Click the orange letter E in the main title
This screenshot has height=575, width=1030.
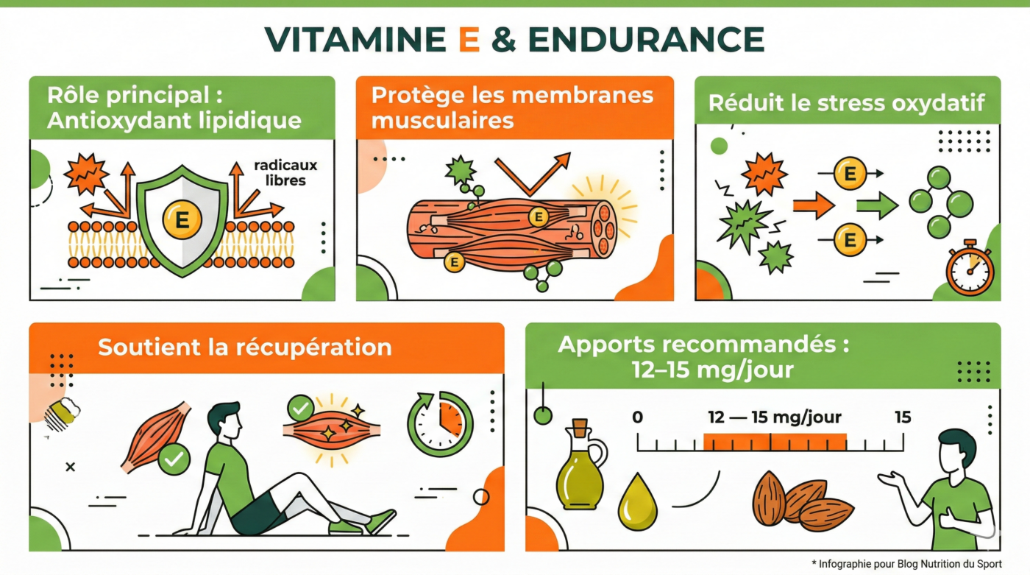(468, 39)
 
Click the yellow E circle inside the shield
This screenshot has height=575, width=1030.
(181, 219)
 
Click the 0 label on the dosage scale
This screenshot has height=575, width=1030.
(637, 417)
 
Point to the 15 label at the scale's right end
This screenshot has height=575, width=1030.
(902, 417)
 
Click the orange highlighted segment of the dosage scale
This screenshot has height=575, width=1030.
(774, 442)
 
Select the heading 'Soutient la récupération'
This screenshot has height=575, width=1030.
(244, 347)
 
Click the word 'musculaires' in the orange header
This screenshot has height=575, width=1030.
(442, 120)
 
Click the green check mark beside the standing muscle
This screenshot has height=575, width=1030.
(174, 460)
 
